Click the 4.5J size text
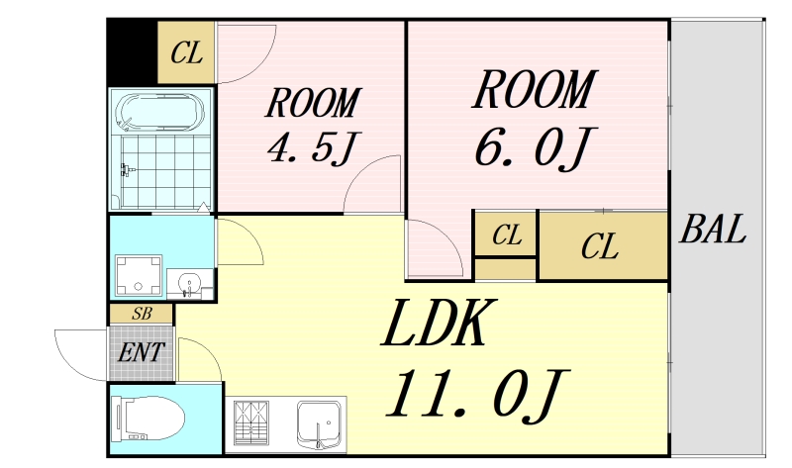coord(310,148)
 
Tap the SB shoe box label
coord(141,314)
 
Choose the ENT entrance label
coord(140,351)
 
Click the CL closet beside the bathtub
coord(186,52)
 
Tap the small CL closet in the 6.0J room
coord(506,235)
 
